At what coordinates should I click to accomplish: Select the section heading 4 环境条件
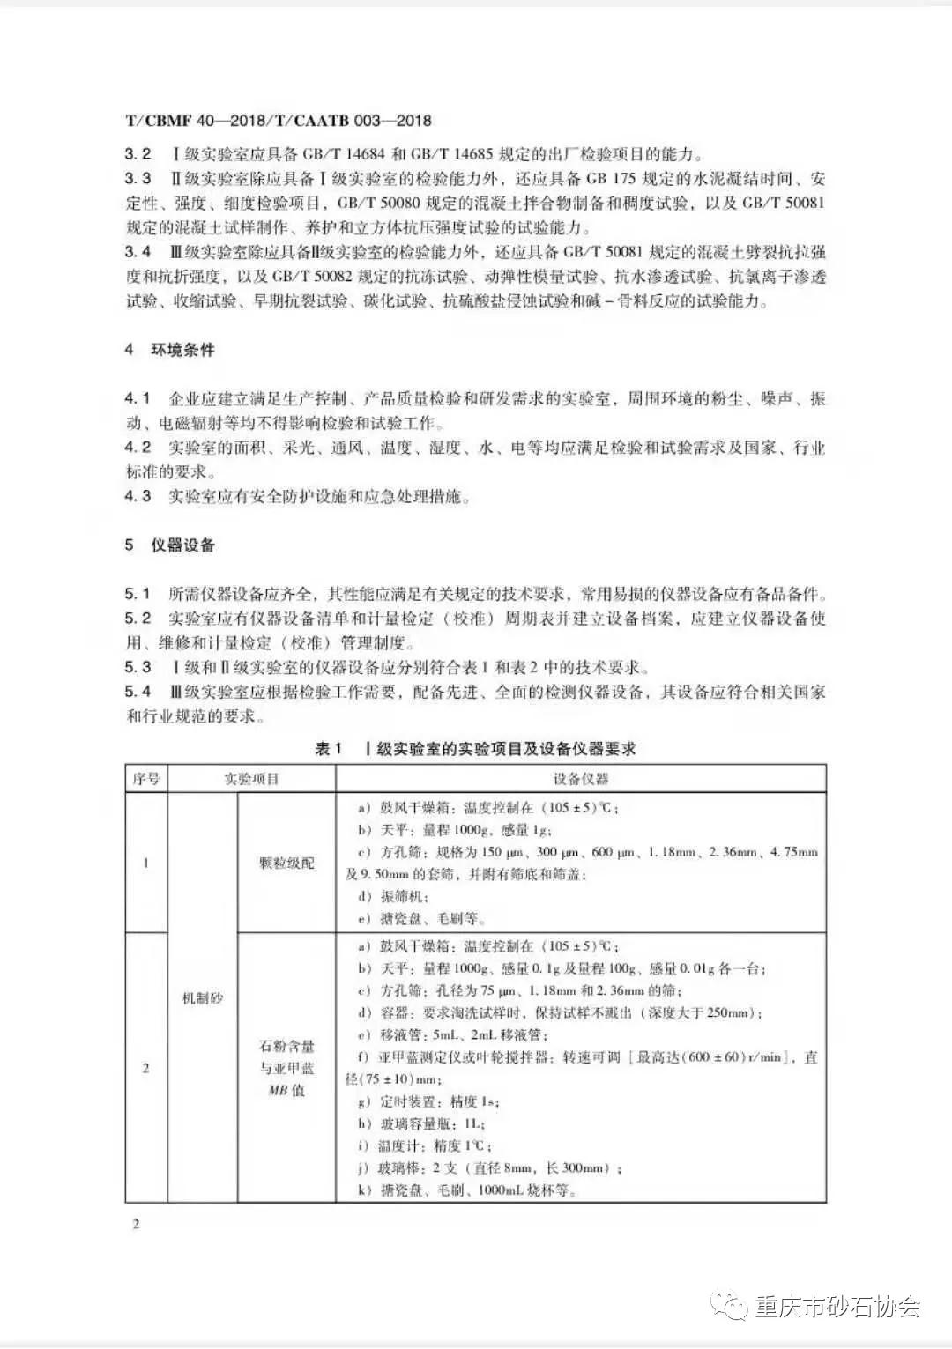tap(169, 350)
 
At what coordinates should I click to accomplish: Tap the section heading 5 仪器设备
tap(169, 545)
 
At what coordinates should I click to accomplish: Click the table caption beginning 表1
tap(475, 749)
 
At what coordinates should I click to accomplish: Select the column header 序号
tap(146, 779)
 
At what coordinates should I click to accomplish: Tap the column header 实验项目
tap(251, 779)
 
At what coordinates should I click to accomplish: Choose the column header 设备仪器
tap(581, 779)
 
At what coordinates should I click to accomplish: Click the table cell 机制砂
tap(202, 998)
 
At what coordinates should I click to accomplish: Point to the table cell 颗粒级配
tap(286, 863)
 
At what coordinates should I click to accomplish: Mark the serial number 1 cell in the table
tap(146, 863)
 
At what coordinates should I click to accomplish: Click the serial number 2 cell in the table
tap(146, 1068)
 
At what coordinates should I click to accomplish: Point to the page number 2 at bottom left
tap(136, 1224)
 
